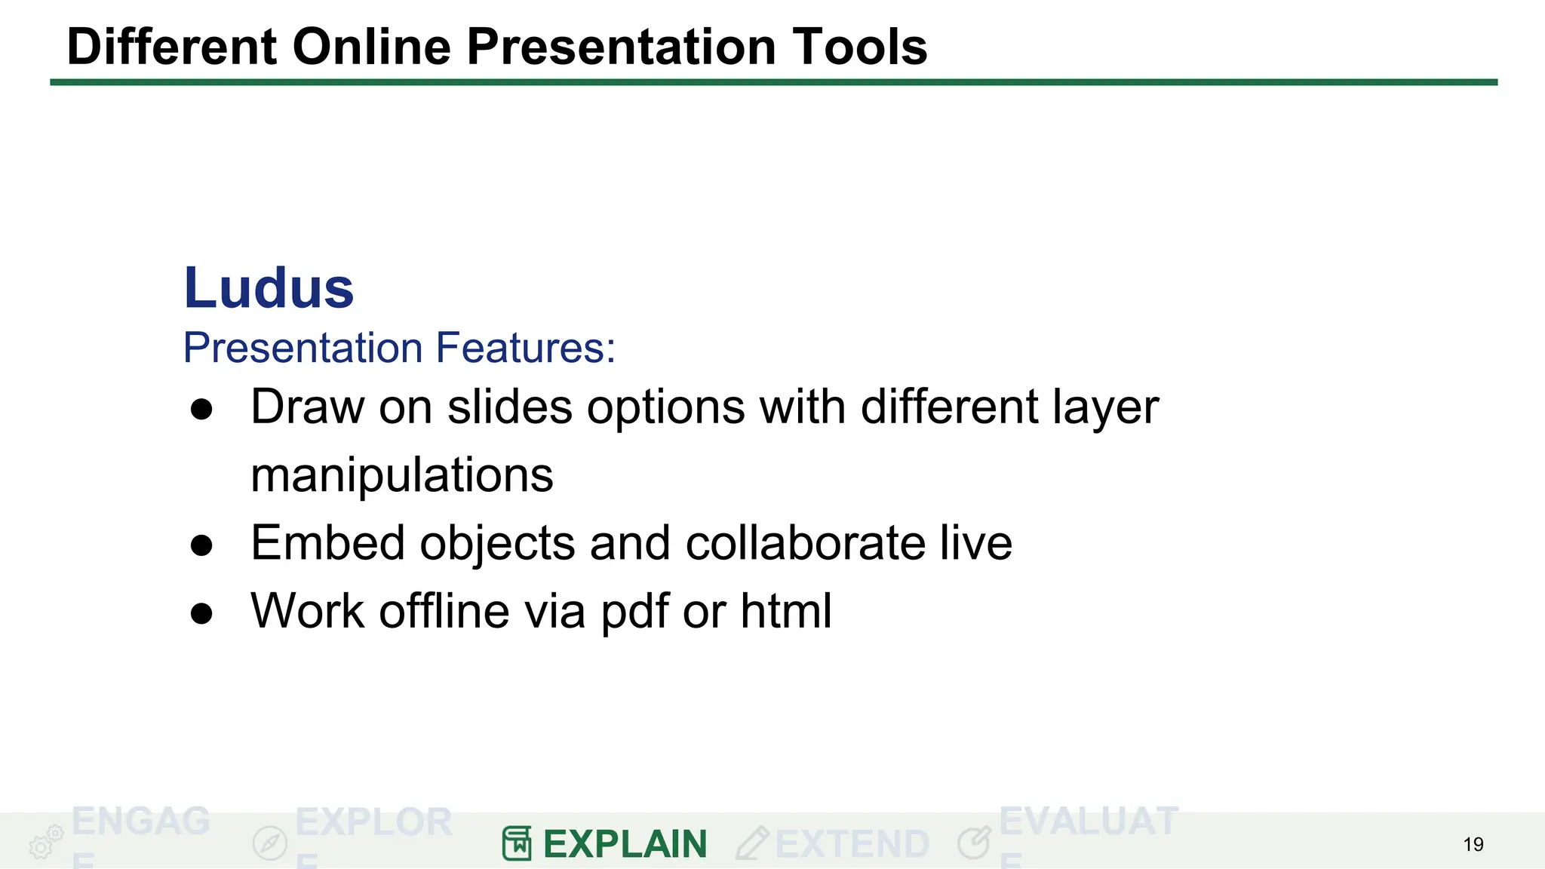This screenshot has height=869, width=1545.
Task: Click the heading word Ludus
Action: tap(269, 288)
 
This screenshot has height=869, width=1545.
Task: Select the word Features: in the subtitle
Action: tap(526, 348)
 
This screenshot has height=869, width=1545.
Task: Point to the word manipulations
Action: tap(401, 475)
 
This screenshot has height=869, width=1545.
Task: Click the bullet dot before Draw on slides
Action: tap(201, 410)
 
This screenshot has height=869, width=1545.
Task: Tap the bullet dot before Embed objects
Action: tap(201, 545)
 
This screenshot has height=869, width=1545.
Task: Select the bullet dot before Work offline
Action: tap(201, 613)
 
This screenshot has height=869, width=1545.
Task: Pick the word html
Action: tap(785, 610)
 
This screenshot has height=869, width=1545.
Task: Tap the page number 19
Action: tap(1473, 844)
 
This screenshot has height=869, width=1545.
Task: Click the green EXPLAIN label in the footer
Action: tap(625, 844)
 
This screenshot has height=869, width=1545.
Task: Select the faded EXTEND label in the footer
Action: tap(852, 844)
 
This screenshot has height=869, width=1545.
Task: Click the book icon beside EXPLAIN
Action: tap(517, 843)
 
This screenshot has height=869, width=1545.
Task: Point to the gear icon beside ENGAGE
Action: tap(45, 842)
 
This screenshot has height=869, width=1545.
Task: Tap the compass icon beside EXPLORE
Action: tap(269, 843)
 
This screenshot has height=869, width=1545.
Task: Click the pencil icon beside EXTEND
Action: tap(751, 843)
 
